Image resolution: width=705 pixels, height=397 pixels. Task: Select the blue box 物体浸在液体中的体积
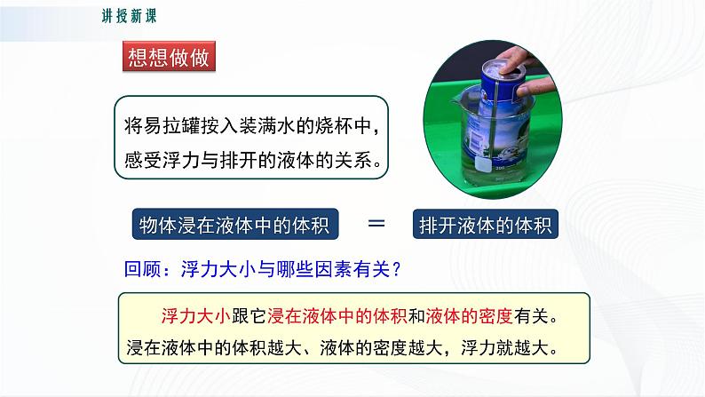tap(235, 226)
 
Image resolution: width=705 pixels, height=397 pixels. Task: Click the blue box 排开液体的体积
tap(486, 226)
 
